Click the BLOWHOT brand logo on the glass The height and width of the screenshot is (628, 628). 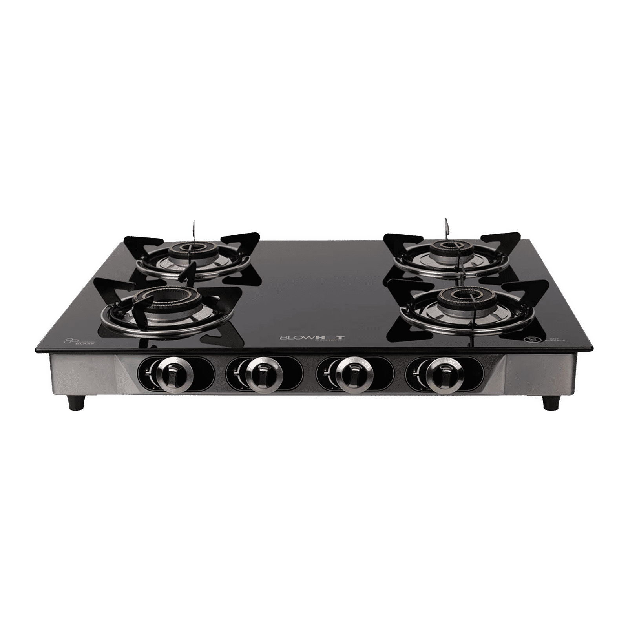click(x=312, y=337)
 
